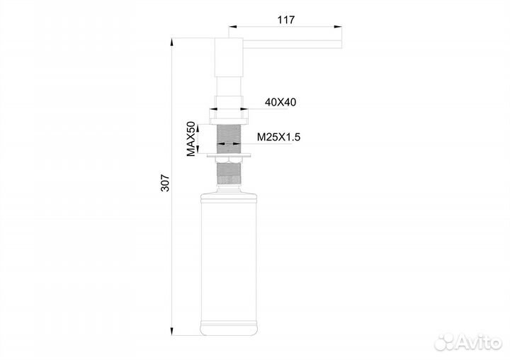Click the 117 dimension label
pos(286,20)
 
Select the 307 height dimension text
pos(166,183)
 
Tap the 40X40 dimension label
pos(280,102)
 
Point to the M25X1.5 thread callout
pos(279,137)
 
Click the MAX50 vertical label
pos(191,139)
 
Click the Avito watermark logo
pos(468,342)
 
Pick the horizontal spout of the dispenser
pos(293,44)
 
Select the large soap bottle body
pos(229,264)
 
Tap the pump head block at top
pos(229,57)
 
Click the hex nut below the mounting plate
pos(229,160)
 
